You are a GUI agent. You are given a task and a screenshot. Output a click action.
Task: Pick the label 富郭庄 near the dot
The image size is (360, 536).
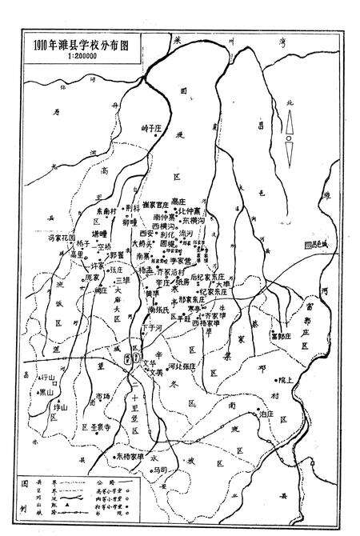click(x=282, y=337)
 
